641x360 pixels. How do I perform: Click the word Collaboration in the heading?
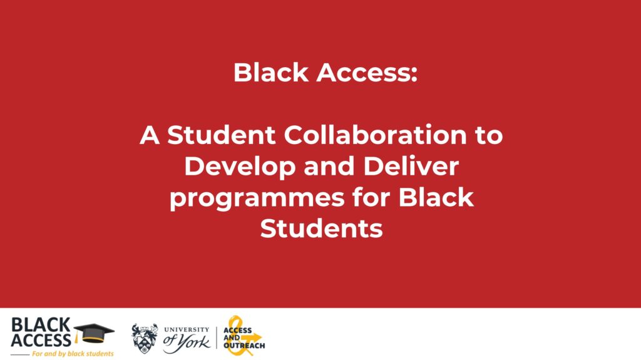[x=376, y=135]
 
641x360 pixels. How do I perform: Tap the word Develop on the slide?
[x=240, y=167]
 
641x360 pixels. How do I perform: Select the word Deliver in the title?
[x=411, y=166]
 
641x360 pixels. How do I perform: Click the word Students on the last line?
[x=321, y=229]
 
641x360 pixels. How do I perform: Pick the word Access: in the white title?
[x=367, y=73]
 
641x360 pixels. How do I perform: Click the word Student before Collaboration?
[x=221, y=135]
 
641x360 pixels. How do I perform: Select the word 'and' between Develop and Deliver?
[x=329, y=166]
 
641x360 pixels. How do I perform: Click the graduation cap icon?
[x=94, y=333]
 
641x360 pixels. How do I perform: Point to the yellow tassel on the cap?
[x=76, y=337]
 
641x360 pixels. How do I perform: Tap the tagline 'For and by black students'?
[x=73, y=354]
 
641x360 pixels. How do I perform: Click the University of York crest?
[x=145, y=338]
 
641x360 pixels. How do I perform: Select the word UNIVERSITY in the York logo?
[x=187, y=329]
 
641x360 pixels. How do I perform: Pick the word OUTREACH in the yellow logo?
[x=244, y=346]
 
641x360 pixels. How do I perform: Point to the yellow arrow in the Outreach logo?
[x=252, y=338]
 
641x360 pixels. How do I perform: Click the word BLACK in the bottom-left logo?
[x=41, y=325]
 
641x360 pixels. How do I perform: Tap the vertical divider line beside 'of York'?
[x=217, y=338]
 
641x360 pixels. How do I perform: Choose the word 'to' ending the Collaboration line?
[x=489, y=135]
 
